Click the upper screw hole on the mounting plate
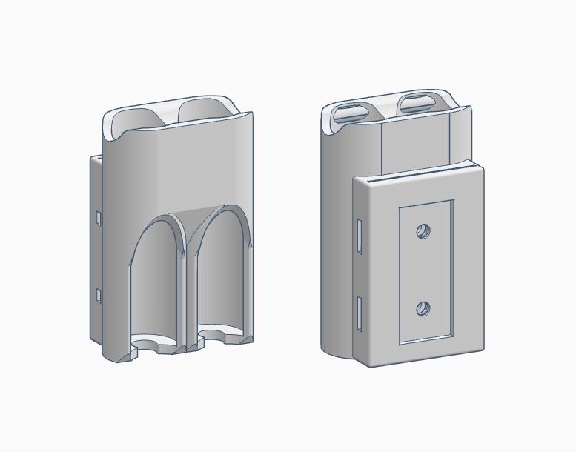coord(424,231)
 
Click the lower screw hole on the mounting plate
coord(423,308)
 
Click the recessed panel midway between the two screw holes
coord(424,270)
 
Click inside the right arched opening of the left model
coord(222,285)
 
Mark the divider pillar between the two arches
coord(188,296)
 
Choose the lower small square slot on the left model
coord(98,295)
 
